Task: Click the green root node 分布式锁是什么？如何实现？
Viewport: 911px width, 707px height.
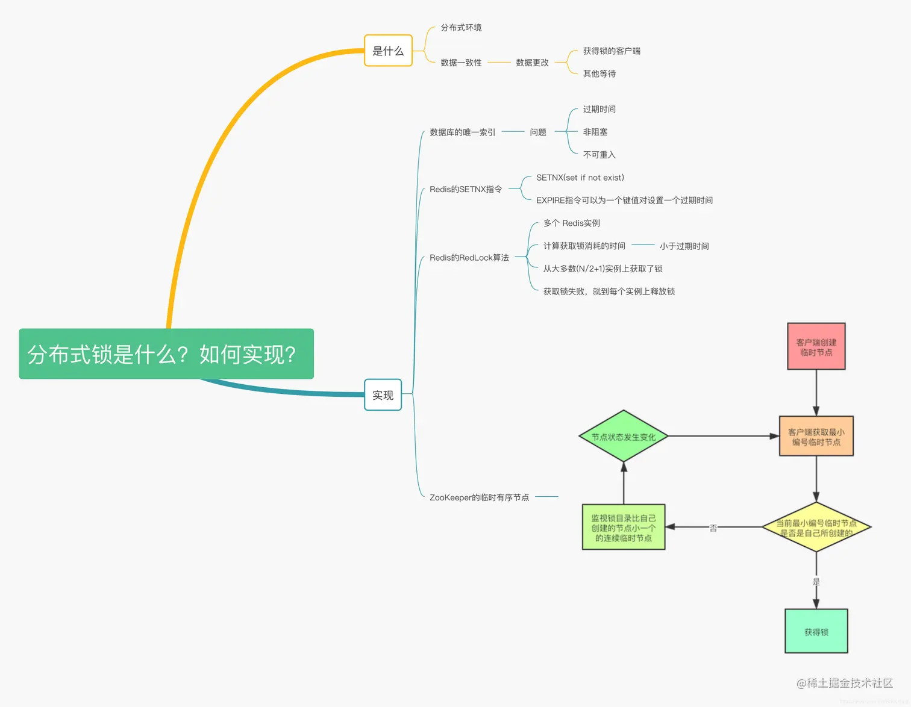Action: click(166, 353)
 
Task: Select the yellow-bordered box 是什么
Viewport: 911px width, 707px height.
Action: click(388, 51)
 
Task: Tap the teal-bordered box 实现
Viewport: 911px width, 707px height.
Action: click(383, 395)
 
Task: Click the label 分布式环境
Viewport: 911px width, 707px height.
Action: click(461, 28)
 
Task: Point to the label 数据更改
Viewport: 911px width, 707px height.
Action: click(532, 63)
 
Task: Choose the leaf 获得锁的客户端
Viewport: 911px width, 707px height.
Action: click(612, 51)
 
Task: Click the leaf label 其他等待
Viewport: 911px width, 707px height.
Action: click(599, 74)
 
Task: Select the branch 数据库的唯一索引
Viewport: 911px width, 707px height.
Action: click(462, 132)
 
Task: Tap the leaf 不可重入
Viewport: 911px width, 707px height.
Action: click(599, 155)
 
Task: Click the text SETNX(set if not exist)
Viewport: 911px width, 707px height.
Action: click(580, 178)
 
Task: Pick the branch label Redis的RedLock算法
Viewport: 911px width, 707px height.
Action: click(469, 258)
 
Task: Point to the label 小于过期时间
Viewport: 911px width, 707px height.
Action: click(684, 246)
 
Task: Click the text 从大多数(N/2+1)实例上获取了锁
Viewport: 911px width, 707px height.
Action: click(603, 269)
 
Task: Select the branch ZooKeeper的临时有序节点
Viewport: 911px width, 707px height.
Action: click(479, 497)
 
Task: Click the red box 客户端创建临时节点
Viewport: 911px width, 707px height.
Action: click(816, 347)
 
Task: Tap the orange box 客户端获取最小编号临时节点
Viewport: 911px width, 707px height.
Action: click(816, 437)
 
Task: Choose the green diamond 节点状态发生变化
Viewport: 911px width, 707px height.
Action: click(623, 437)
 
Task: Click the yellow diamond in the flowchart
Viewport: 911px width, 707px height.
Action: click(816, 528)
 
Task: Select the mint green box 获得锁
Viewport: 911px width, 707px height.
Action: click(816, 632)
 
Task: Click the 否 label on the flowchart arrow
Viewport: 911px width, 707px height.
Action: click(713, 528)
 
